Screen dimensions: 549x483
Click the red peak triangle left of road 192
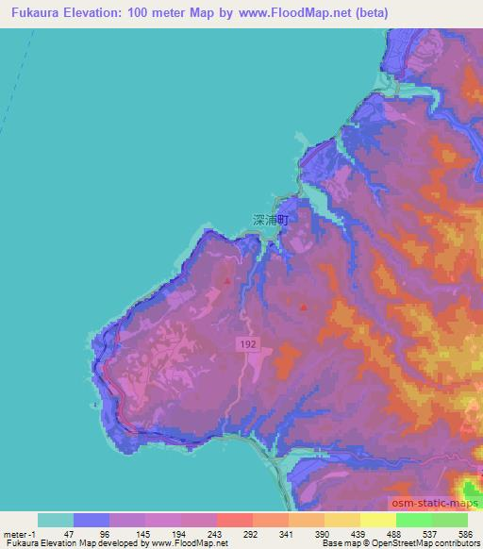pos(226,279)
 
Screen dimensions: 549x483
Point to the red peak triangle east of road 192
pos(303,306)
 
